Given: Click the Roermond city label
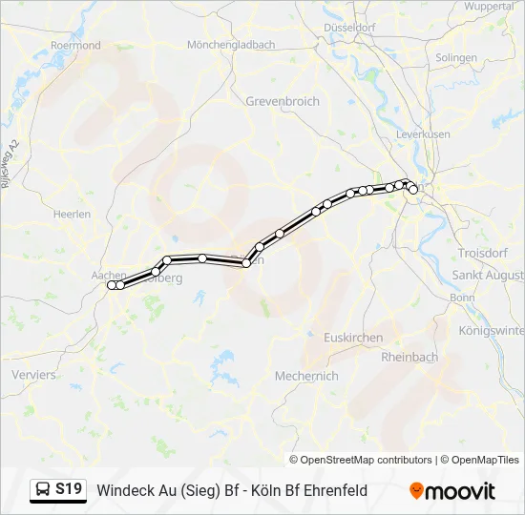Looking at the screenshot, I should pyautogui.click(x=75, y=45).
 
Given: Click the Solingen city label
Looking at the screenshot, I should pyautogui.click(x=455, y=57).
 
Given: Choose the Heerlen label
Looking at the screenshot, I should pyautogui.click(x=72, y=214).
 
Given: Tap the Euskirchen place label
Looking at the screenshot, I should pyautogui.click(x=353, y=338).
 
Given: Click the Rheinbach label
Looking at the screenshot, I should pyautogui.click(x=409, y=357).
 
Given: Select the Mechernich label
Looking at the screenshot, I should pyautogui.click(x=305, y=376).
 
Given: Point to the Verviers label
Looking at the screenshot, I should pyautogui.click(x=33, y=375).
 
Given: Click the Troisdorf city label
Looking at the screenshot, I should pyautogui.click(x=483, y=253).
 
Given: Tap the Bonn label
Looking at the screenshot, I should pyautogui.click(x=462, y=298).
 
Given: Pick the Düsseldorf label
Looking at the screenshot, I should pyautogui.click(x=349, y=28).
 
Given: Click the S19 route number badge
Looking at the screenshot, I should pyautogui.click(x=68, y=489).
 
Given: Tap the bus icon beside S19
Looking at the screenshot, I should pyautogui.click(x=44, y=490).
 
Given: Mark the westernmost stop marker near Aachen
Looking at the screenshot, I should pyautogui.click(x=112, y=285).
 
